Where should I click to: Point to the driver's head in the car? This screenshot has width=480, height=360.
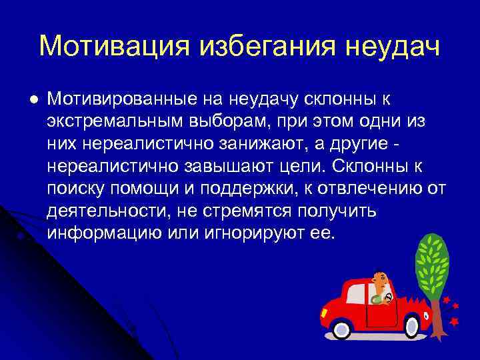pyautogui.click(x=380, y=279)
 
